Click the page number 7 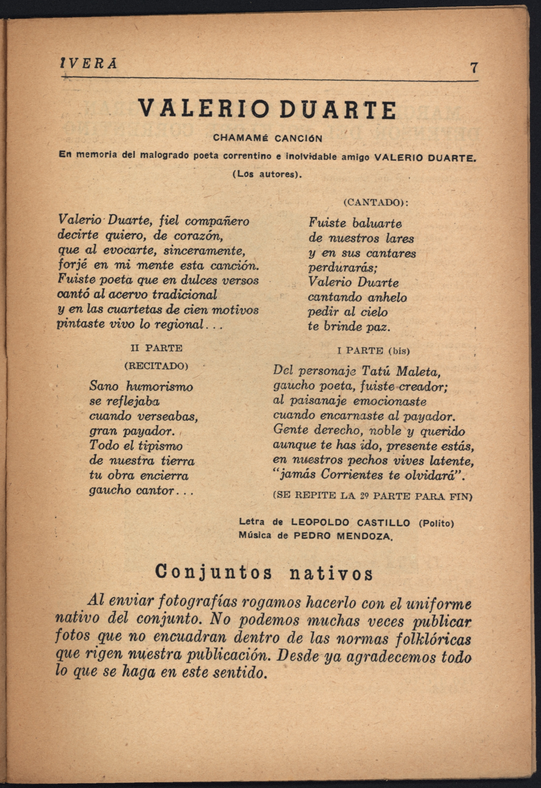point(474,68)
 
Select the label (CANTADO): point(376,203)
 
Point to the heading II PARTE point(157,348)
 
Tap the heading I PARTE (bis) point(374,351)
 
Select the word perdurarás point(343,268)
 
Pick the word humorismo point(159,387)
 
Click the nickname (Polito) point(436,523)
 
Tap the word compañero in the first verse point(217,222)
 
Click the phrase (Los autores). point(266,175)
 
